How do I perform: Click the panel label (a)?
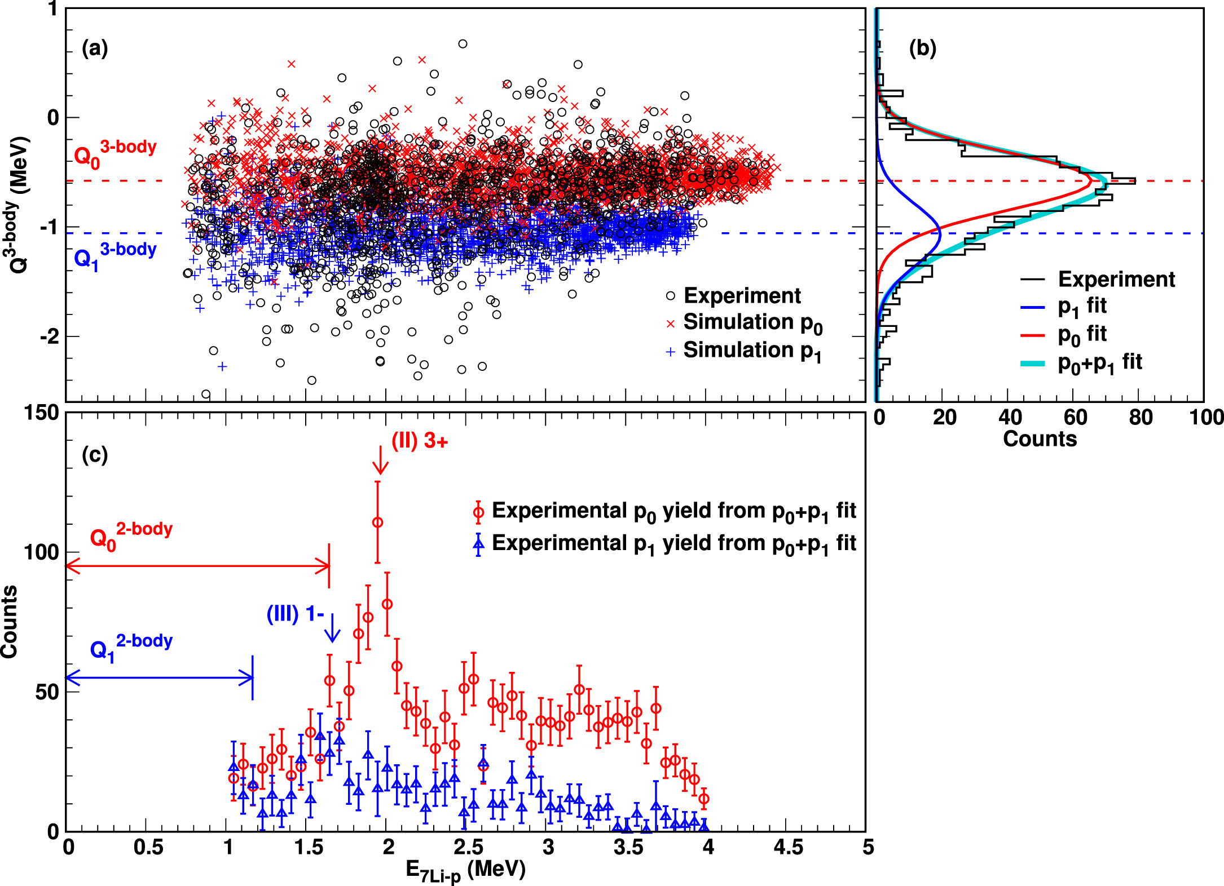coord(94,49)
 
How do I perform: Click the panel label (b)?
coord(922,48)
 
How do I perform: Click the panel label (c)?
coord(94,454)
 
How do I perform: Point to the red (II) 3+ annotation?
coord(420,441)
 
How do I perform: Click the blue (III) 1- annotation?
coord(295,613)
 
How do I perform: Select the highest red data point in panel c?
coord(377,522)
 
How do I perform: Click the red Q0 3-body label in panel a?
coord(115,153)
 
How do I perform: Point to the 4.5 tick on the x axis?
coord(787,847)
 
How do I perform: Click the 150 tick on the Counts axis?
coord(41,413)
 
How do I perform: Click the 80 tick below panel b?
coord(1141,418)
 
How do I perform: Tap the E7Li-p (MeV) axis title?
coord(465,870)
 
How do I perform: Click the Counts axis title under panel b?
coord(1040,438)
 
